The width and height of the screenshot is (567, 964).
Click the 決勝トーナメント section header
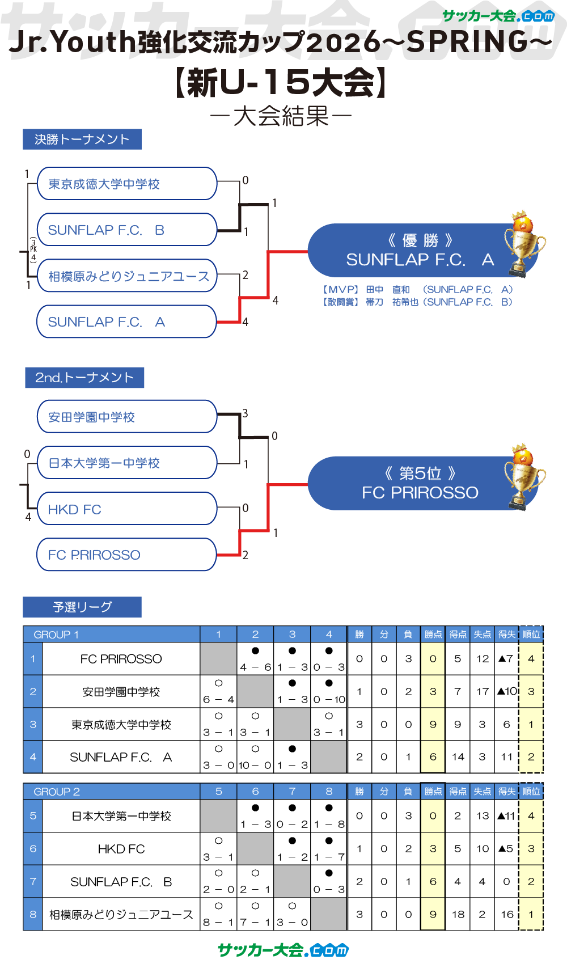(x=82, y=139)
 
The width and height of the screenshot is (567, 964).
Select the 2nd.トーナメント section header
(x=84, y=378)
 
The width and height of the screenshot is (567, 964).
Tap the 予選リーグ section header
(x=82, y=607)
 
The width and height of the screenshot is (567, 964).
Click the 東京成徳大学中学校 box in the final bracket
(x=127, y=184)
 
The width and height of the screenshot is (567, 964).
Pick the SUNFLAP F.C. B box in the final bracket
(x=127, y=230)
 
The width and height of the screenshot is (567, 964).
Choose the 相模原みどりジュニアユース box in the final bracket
(x=127, y=276)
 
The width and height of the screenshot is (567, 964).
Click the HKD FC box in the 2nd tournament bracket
(x=127, y=509)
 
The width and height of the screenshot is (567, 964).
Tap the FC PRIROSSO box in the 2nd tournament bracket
(x=127, y=555)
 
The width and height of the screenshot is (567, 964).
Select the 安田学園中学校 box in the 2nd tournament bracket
(x=127, y=417)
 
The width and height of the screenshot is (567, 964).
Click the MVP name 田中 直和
(x=388, y=290)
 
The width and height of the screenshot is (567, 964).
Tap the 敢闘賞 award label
(x=341, y=302)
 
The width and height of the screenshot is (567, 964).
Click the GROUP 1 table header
(x=57, y=635)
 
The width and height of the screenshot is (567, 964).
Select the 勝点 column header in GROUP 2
(x=433, y=792)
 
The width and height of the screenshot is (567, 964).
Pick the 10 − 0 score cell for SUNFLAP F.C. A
(x=255, y=765)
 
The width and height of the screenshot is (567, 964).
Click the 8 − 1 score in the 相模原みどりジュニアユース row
(x=218, y=922)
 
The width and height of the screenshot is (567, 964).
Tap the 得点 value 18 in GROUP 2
(x=458, y=914)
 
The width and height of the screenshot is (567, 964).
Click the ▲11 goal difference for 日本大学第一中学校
(x=506, y=816)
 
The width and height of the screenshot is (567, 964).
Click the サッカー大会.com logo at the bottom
(x=283, y=950)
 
